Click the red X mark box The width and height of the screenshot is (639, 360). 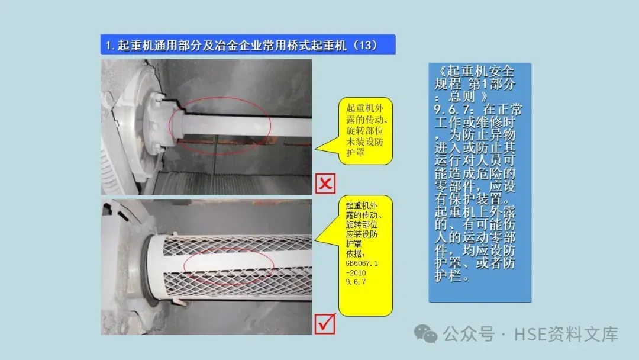[325, 184]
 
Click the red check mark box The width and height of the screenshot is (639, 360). [325, 324]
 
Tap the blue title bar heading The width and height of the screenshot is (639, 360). [248, 44]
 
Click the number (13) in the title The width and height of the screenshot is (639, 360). [366, 45]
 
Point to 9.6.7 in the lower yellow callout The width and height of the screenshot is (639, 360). [356, 282]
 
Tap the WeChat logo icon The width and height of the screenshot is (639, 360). [425, 334]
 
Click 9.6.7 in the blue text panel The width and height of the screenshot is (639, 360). [454, 110]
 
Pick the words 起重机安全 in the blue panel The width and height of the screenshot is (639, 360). [480, 71]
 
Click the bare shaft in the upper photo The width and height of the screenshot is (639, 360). [244, 126]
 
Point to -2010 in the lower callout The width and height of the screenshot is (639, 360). [356, 273]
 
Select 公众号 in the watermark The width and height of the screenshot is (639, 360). [469, 335]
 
